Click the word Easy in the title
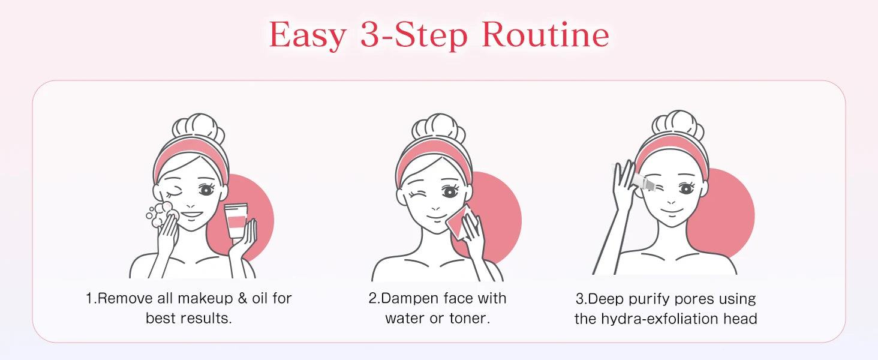(308, 36)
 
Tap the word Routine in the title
(545, 35)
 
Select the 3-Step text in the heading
(414, 36)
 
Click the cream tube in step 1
(236, 220)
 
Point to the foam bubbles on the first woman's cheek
(161, 215)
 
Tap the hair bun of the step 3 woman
(678, 124)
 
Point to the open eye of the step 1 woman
(206, 190)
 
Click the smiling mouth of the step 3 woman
(672, 211)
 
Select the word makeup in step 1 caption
(205, 299)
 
